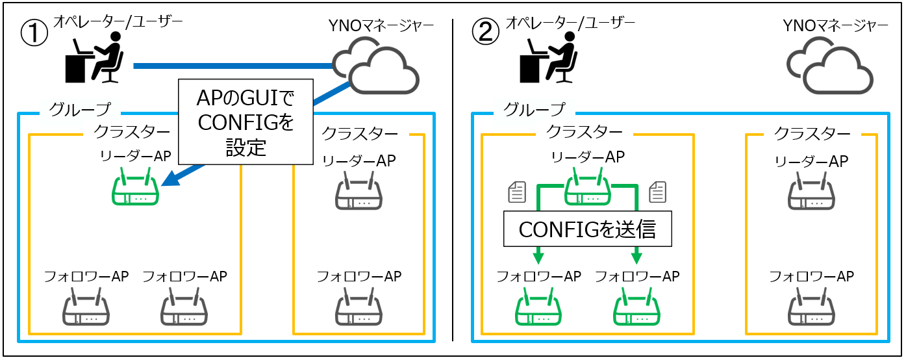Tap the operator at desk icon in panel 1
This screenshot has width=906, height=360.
(x=95, y=60)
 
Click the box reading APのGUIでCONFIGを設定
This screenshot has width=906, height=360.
(x=245, y=121)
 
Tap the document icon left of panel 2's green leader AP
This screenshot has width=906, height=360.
(x=516, y=191)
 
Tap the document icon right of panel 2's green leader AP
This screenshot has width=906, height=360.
(x=657, y=191)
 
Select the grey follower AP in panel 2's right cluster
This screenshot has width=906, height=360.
(x=811, y=309)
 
